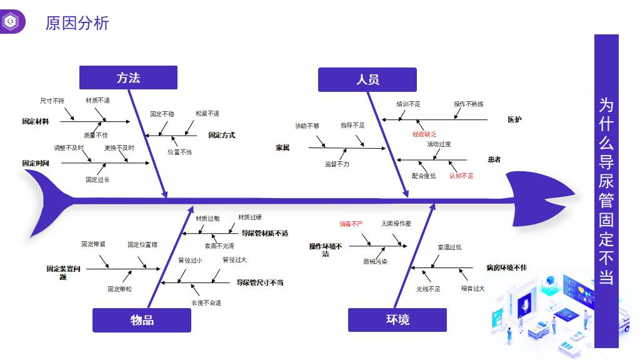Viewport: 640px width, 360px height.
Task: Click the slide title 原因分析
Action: pos(77,23)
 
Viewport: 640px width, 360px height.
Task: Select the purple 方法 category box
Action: pos(128,77)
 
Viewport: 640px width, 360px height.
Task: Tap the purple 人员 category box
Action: pos(367,79)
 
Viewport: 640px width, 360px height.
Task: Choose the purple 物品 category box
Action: pos(142,320)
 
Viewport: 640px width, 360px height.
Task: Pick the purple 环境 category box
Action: pos(397,320)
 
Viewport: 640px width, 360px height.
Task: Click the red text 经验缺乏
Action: pos(424,134)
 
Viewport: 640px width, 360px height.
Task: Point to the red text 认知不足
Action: pos(461,176)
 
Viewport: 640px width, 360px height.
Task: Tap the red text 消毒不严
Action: pos(351,223)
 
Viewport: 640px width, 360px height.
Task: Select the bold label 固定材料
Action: pos(35,121)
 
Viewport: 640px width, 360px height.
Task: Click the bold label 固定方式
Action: pos(221,135)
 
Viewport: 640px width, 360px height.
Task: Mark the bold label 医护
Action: pos(514,119)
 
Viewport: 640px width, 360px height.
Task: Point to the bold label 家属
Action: pos(282,148)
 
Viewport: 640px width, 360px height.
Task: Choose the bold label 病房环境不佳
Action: pos(506,267)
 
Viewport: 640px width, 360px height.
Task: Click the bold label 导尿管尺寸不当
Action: pos(259,282)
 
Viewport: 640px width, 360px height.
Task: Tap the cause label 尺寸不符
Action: pos(52,101)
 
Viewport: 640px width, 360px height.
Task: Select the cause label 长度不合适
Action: pos(206,302)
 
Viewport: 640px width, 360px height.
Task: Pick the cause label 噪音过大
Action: pos(473,289)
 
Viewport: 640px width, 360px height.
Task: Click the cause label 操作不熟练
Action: pos(469,104)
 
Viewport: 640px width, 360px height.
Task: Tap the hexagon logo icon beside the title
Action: pos(11,22)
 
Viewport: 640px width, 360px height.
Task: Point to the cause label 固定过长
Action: pos(97,179)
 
